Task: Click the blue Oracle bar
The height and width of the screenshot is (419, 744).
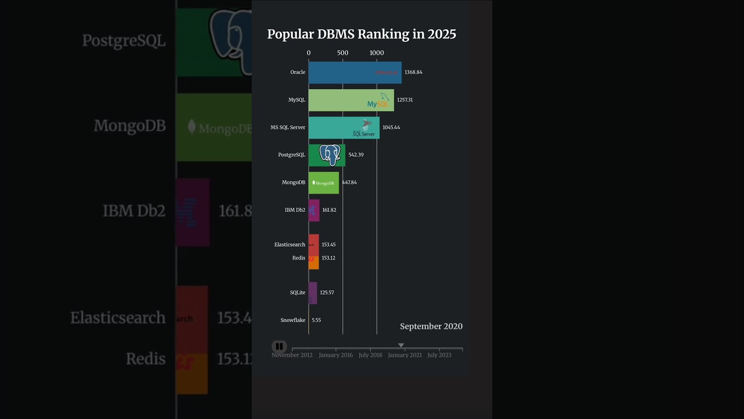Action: [349, 72]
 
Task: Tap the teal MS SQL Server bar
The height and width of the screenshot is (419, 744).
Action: [337, 127]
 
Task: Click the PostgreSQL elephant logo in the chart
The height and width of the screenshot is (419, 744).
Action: [330, 155]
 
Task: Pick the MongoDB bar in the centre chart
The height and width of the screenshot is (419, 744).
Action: [323, 183]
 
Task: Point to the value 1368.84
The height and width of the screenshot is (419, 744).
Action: [413, 72]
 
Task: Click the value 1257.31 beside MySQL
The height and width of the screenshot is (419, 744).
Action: [405, 100]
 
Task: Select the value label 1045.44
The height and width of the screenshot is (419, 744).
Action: [391, 127]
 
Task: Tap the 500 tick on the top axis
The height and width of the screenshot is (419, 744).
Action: [342, 53]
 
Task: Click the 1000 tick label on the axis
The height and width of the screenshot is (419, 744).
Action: [377, 53]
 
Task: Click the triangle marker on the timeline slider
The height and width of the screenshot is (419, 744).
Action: [400, 345]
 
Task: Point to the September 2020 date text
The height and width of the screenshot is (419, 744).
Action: [431, 326]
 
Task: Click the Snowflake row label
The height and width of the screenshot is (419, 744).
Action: [292, 320]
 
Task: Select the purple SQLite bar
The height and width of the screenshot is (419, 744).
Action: [313, 293]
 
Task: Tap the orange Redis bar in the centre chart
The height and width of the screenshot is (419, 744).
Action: [314, 263]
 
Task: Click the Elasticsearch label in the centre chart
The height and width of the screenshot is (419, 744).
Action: [289, 245]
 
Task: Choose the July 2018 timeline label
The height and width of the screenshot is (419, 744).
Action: [370, 355]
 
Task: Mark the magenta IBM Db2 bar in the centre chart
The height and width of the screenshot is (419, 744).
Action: [314, 210]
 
